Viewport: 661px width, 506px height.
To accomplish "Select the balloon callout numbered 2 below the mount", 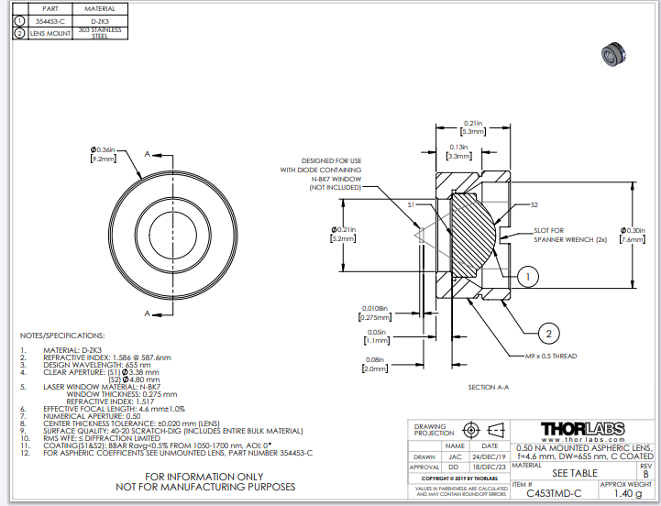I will tap(545, 334).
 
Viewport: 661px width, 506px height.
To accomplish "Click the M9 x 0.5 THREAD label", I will tap(550, 354).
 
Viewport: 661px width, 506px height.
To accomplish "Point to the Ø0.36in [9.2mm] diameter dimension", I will tap(101, 154).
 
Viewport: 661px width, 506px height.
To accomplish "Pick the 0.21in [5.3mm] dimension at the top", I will tap(473, 126).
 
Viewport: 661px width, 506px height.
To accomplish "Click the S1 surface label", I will tap(412, 204).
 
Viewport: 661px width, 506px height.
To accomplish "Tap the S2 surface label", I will tap(534, 205).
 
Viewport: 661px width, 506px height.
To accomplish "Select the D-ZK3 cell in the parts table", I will tap(99, 19).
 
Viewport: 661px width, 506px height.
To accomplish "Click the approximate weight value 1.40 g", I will tap(627, 492).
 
